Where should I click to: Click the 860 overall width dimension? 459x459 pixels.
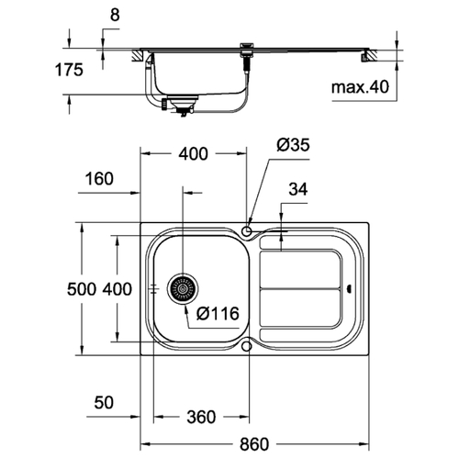[254, 444]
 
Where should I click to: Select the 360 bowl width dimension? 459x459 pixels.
[201, 417]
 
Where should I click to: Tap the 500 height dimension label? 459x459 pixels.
[82, 289]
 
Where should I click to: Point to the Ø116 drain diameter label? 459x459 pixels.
[218, 314]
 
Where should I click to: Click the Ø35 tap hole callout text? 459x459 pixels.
[293, 145]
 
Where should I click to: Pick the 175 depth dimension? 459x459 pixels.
[69, 70]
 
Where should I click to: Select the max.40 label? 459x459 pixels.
[360, 87]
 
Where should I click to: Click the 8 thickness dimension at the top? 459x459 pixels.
[115, 15]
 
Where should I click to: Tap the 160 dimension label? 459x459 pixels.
[99, 179]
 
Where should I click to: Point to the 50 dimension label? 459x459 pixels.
[104, 402]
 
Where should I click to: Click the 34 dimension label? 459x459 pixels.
[298, 189]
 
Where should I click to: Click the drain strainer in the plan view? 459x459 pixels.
[183, 288]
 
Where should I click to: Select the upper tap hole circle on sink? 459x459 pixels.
[246, 230]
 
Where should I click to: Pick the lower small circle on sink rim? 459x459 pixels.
[246, 346]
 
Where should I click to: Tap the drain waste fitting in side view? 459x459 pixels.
[181, 106]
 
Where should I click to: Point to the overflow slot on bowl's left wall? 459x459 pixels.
[155, 288]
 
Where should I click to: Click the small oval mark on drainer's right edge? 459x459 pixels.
[350, 288]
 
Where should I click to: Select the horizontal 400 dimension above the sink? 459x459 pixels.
[194, 153]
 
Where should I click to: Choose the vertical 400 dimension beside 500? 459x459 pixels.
[117, 289]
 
